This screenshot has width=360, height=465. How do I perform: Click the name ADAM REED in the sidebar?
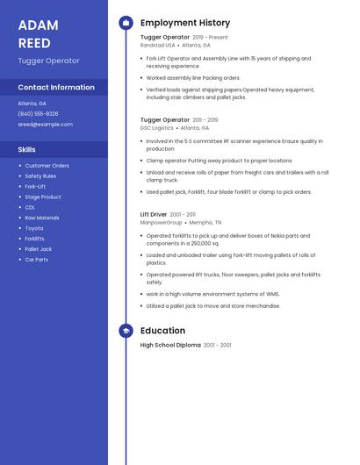[x=38, y=33]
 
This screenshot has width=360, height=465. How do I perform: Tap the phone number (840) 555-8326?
[x=38, y=113]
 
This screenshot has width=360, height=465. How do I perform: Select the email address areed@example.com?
[x=45, y=125]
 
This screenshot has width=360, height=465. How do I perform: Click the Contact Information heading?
[x=56, y=88]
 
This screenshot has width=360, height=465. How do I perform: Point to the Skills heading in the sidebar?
[x=27, y=150]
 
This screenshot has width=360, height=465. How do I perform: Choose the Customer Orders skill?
[x=47, y=166]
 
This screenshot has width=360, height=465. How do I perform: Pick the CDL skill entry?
[x=30, y=207]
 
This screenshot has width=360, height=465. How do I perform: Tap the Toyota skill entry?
[x=33, y=228]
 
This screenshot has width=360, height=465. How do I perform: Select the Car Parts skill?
[x=36, y=260]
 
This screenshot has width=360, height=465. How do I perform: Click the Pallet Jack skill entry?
[x=38, y=249]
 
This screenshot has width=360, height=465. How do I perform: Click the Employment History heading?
[x=185, y=23]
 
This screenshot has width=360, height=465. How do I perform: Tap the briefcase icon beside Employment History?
[x=126, y=23]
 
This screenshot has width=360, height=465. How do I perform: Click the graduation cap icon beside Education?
[x=126, y=331]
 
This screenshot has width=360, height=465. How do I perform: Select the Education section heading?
[x=162, y=331]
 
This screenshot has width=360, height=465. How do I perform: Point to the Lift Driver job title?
[x=154, y=214]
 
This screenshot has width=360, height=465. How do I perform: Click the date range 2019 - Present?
[x=210, y=38]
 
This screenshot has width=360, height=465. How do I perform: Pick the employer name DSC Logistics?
[x=157, y=128]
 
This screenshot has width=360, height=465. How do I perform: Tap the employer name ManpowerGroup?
[x=162, y=223]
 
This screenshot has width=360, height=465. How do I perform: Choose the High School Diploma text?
[x=170, y=346]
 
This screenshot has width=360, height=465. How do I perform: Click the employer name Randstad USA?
[x=158, y=45]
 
